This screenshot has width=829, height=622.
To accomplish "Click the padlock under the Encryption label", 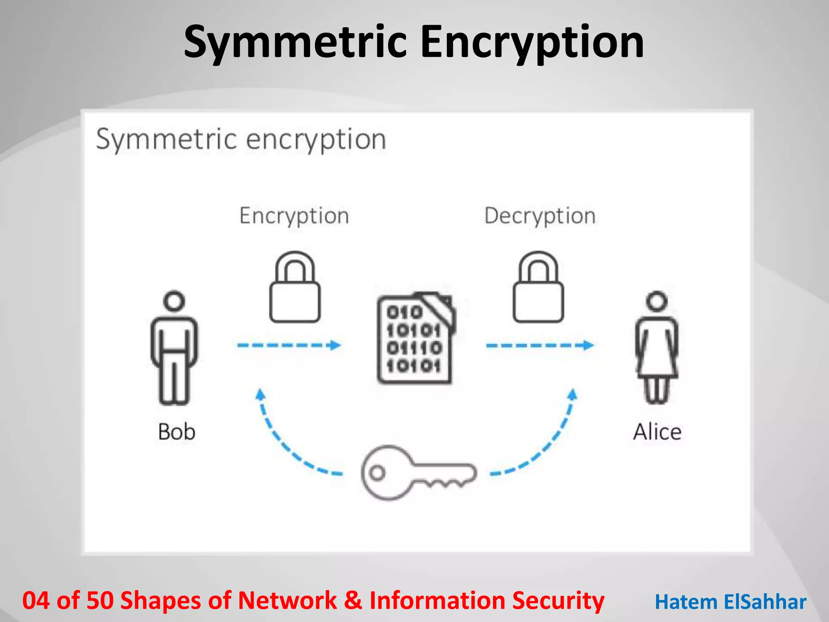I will [x=295, y=288].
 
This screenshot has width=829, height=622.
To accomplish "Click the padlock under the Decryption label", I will [x=538, y=288].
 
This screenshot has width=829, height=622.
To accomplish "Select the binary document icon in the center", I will [x=415, y=339].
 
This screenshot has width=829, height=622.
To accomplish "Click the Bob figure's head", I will [x=174, y=301].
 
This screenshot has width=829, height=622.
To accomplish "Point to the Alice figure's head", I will [x=657, y=301].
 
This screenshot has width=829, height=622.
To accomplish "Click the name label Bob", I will [x=176, y=432].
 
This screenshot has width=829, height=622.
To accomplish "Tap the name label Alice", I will [x=657, y=432].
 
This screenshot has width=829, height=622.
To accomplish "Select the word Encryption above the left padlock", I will [x=294, y=216].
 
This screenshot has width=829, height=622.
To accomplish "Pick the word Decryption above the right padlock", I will [x=540, y=216].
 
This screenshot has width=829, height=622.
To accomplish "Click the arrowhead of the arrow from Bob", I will [x=336, y=345].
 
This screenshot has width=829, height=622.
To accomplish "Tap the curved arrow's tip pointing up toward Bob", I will [x=260, y=394].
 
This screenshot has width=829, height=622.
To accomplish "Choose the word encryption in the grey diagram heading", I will [x=316, y=140].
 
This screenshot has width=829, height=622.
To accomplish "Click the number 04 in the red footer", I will [x=36, y=601].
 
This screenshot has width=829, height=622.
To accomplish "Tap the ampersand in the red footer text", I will [x=353, y=601].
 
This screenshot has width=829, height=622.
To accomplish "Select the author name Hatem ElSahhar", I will [x=731, y=602].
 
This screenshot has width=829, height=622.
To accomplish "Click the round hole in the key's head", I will [x=377, y=473].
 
